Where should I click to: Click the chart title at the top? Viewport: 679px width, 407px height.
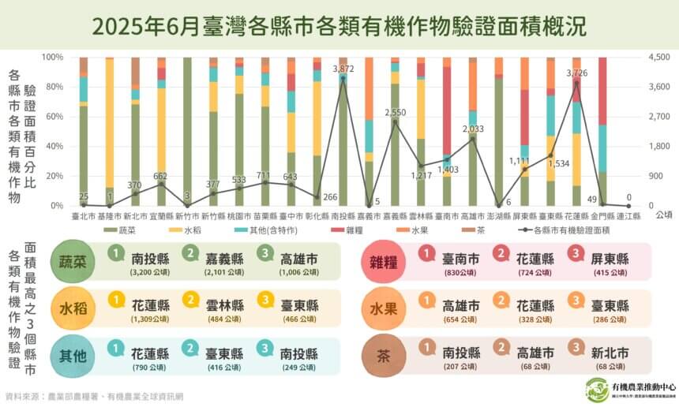[x=339, y=27]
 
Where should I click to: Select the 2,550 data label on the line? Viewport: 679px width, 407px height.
[x=395, y=113]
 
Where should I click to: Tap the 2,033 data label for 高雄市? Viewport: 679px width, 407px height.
[x=472, y=129]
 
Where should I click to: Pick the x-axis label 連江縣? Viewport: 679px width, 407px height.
[x=628, y=215]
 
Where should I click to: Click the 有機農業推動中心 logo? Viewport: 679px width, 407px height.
[x=597, y=389]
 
